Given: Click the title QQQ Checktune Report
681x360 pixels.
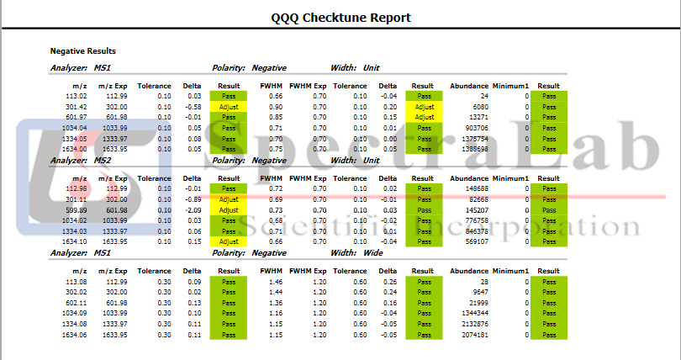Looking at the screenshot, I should [340, 17].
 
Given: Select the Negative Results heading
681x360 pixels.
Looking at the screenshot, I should [82, 50].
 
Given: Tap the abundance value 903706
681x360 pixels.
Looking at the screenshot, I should [472, 128].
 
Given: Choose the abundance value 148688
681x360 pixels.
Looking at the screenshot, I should [472, 189].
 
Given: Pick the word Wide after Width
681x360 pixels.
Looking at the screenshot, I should [373, 252].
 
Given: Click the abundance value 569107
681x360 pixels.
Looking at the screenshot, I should [472, 241].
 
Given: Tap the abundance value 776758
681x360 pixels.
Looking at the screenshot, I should [472, 220].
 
